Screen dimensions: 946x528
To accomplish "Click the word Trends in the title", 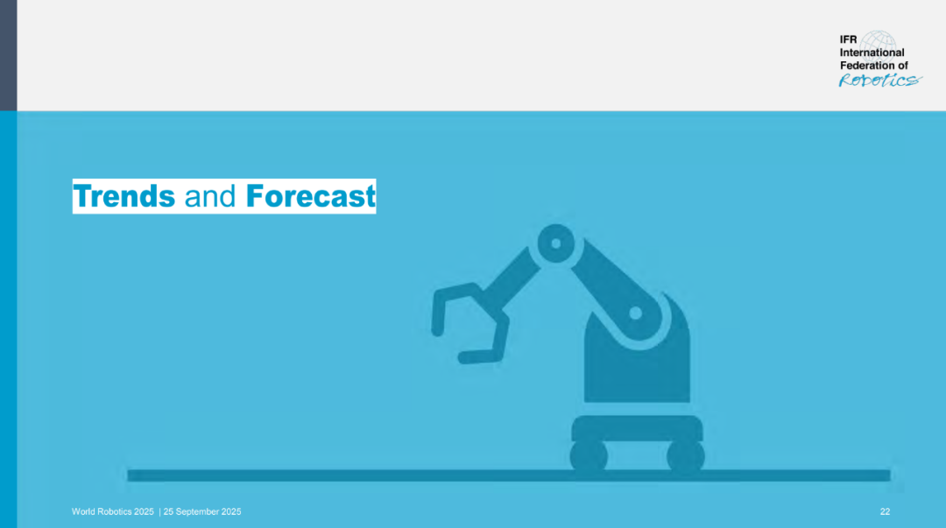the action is pos(124,196).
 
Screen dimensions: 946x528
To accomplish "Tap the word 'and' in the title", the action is pos(210,197).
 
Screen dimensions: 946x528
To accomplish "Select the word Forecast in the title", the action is pos(310,196).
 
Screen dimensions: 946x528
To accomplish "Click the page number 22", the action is pos(885,511).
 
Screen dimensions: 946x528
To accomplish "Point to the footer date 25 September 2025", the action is pos(202,511).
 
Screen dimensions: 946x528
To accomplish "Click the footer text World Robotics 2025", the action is pos(113,511).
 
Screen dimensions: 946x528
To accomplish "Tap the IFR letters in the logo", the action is pos(848,39).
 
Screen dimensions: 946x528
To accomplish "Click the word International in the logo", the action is pos(872,53).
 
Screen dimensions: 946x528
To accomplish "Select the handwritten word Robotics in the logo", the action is pos(880,81).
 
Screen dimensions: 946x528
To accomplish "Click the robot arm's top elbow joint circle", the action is pos(555,243).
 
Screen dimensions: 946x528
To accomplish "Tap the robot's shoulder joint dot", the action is pos(635,313).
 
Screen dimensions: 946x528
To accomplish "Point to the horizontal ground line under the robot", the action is pos(509,475).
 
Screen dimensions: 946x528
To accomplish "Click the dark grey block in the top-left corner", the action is pos(9,55).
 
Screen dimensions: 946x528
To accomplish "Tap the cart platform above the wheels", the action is pos(637,428).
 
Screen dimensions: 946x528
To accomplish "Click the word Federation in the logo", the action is pos(867,66).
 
